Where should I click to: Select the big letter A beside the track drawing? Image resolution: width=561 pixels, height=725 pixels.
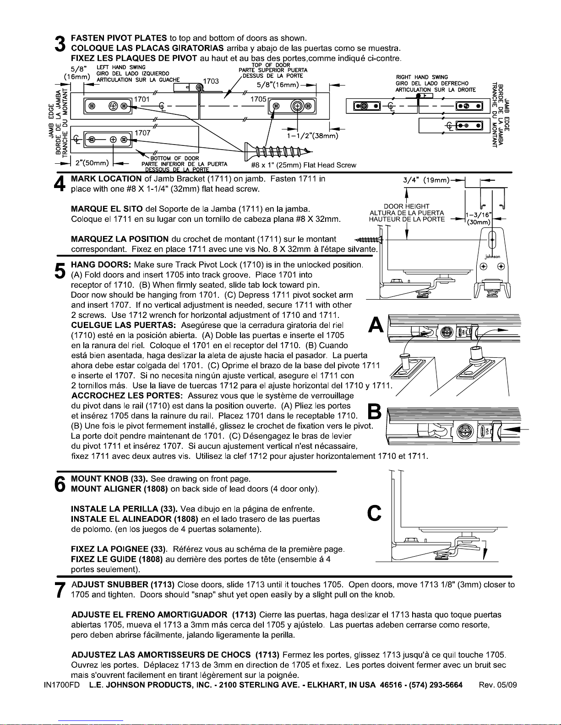376,325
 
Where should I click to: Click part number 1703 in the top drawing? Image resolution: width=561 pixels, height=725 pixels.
211,81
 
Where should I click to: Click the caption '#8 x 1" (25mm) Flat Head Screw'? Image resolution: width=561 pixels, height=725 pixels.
304,165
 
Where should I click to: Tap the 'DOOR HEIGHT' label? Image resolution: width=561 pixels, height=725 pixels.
407,206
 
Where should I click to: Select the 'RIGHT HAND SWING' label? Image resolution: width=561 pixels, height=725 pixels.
422,77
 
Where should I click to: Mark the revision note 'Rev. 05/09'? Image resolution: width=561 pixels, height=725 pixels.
497,685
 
